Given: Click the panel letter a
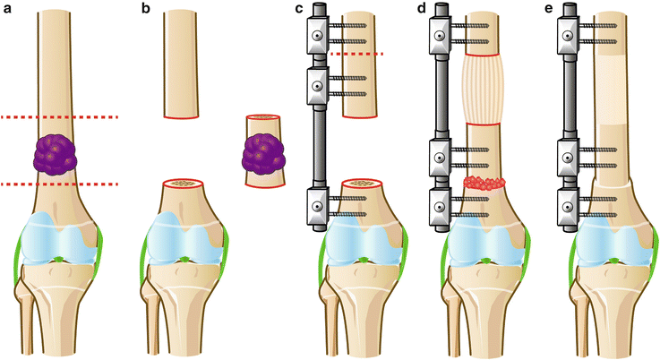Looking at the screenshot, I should tap(6, 9).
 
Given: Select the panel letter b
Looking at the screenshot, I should tap(146, 9).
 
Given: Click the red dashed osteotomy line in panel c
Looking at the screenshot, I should tap(356, 55).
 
